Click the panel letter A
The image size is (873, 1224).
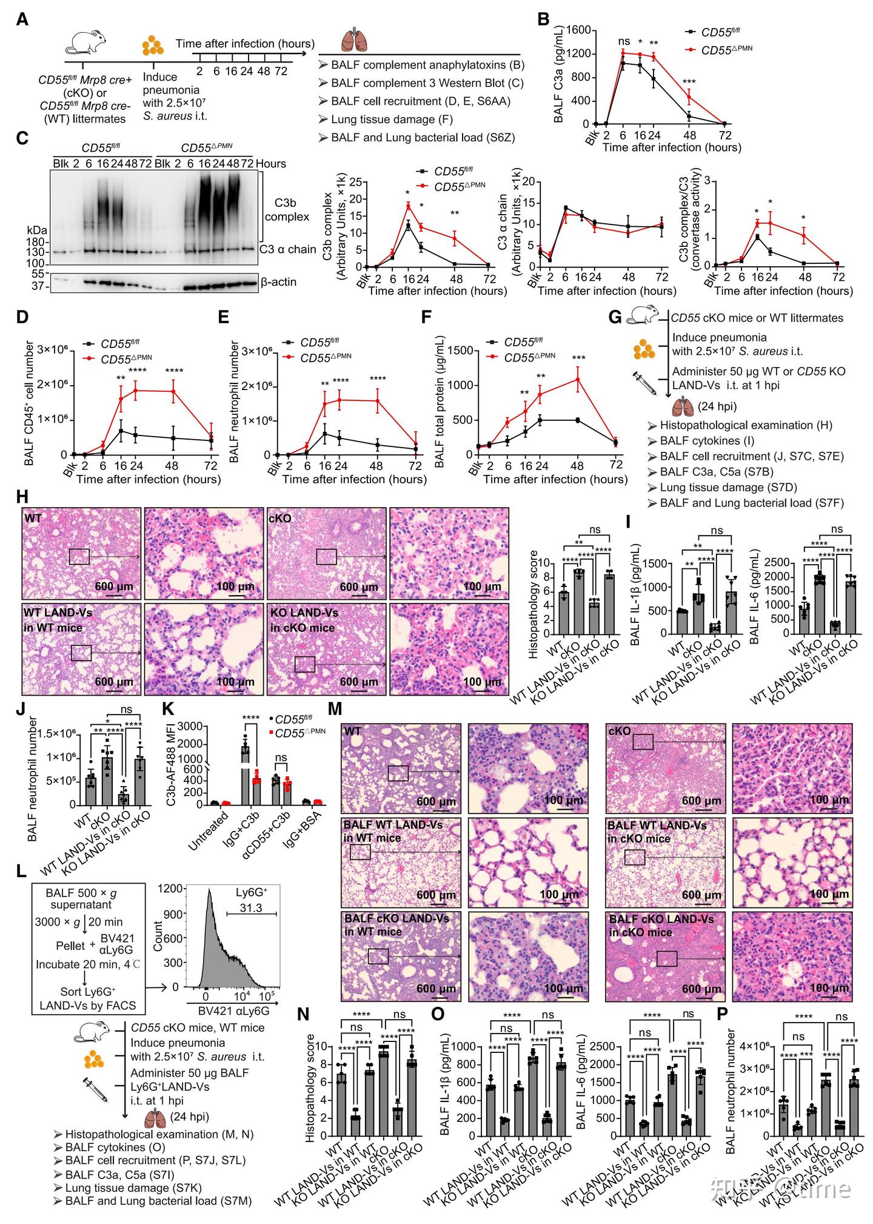(x=22, y=19)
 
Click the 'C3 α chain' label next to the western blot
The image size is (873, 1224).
(x=288, y=249)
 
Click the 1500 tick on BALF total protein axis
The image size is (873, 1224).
(x=461, y=351)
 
